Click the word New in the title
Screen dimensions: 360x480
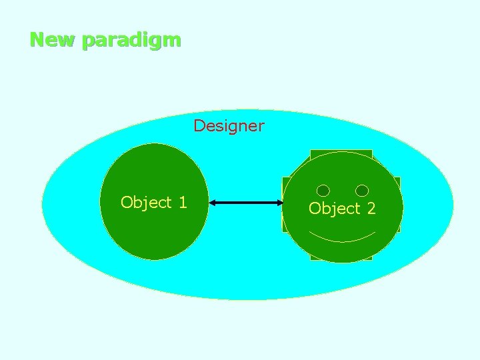tap(53, 40)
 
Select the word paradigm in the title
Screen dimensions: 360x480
tap(131, 41)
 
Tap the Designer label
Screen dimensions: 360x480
tap(229, 125)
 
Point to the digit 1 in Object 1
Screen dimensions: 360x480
tap(182, 202)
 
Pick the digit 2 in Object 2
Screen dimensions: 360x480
tap(371, 209)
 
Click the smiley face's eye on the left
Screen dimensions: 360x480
tap(323, 191)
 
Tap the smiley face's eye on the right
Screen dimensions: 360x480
tap(362, 191)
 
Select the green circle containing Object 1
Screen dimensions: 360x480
tap(153, 233)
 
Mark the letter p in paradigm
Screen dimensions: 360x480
tap(87, 41)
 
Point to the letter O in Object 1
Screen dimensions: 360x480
tap(127, 202)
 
